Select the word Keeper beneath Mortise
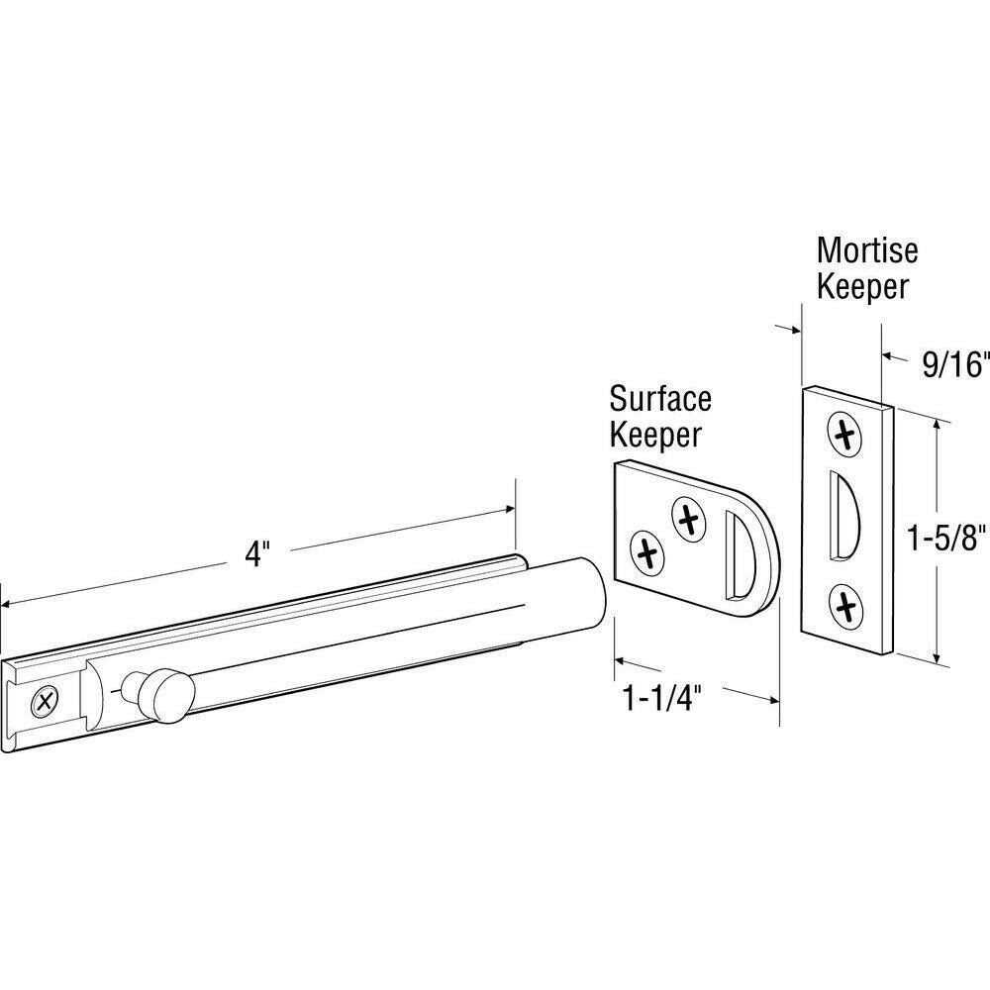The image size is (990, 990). (863, 287)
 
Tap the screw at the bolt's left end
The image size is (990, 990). (45, 703)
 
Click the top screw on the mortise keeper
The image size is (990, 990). (844, 433)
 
